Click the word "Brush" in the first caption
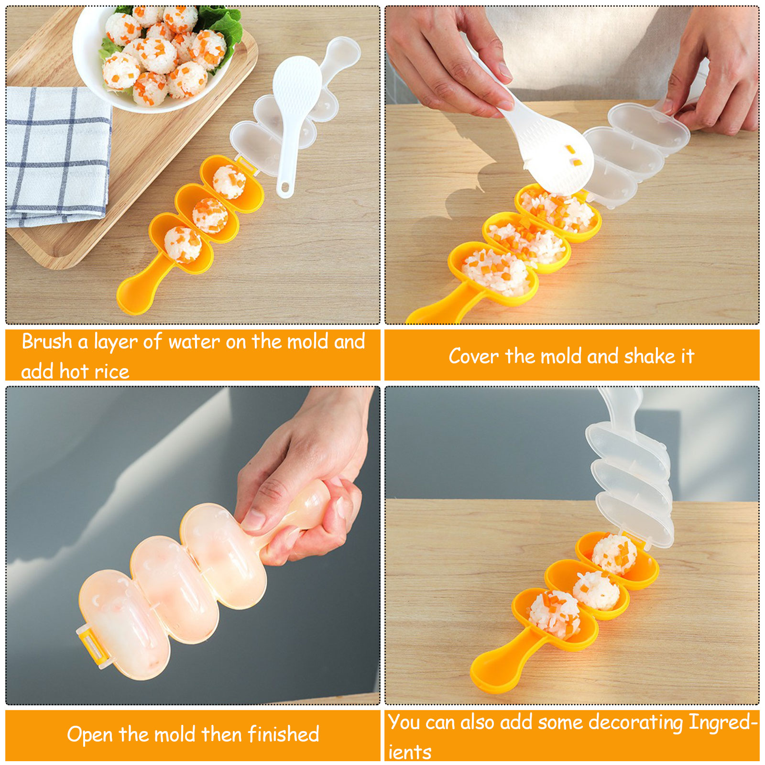[x=47, y=342]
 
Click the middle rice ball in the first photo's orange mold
[x=210, y=215]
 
